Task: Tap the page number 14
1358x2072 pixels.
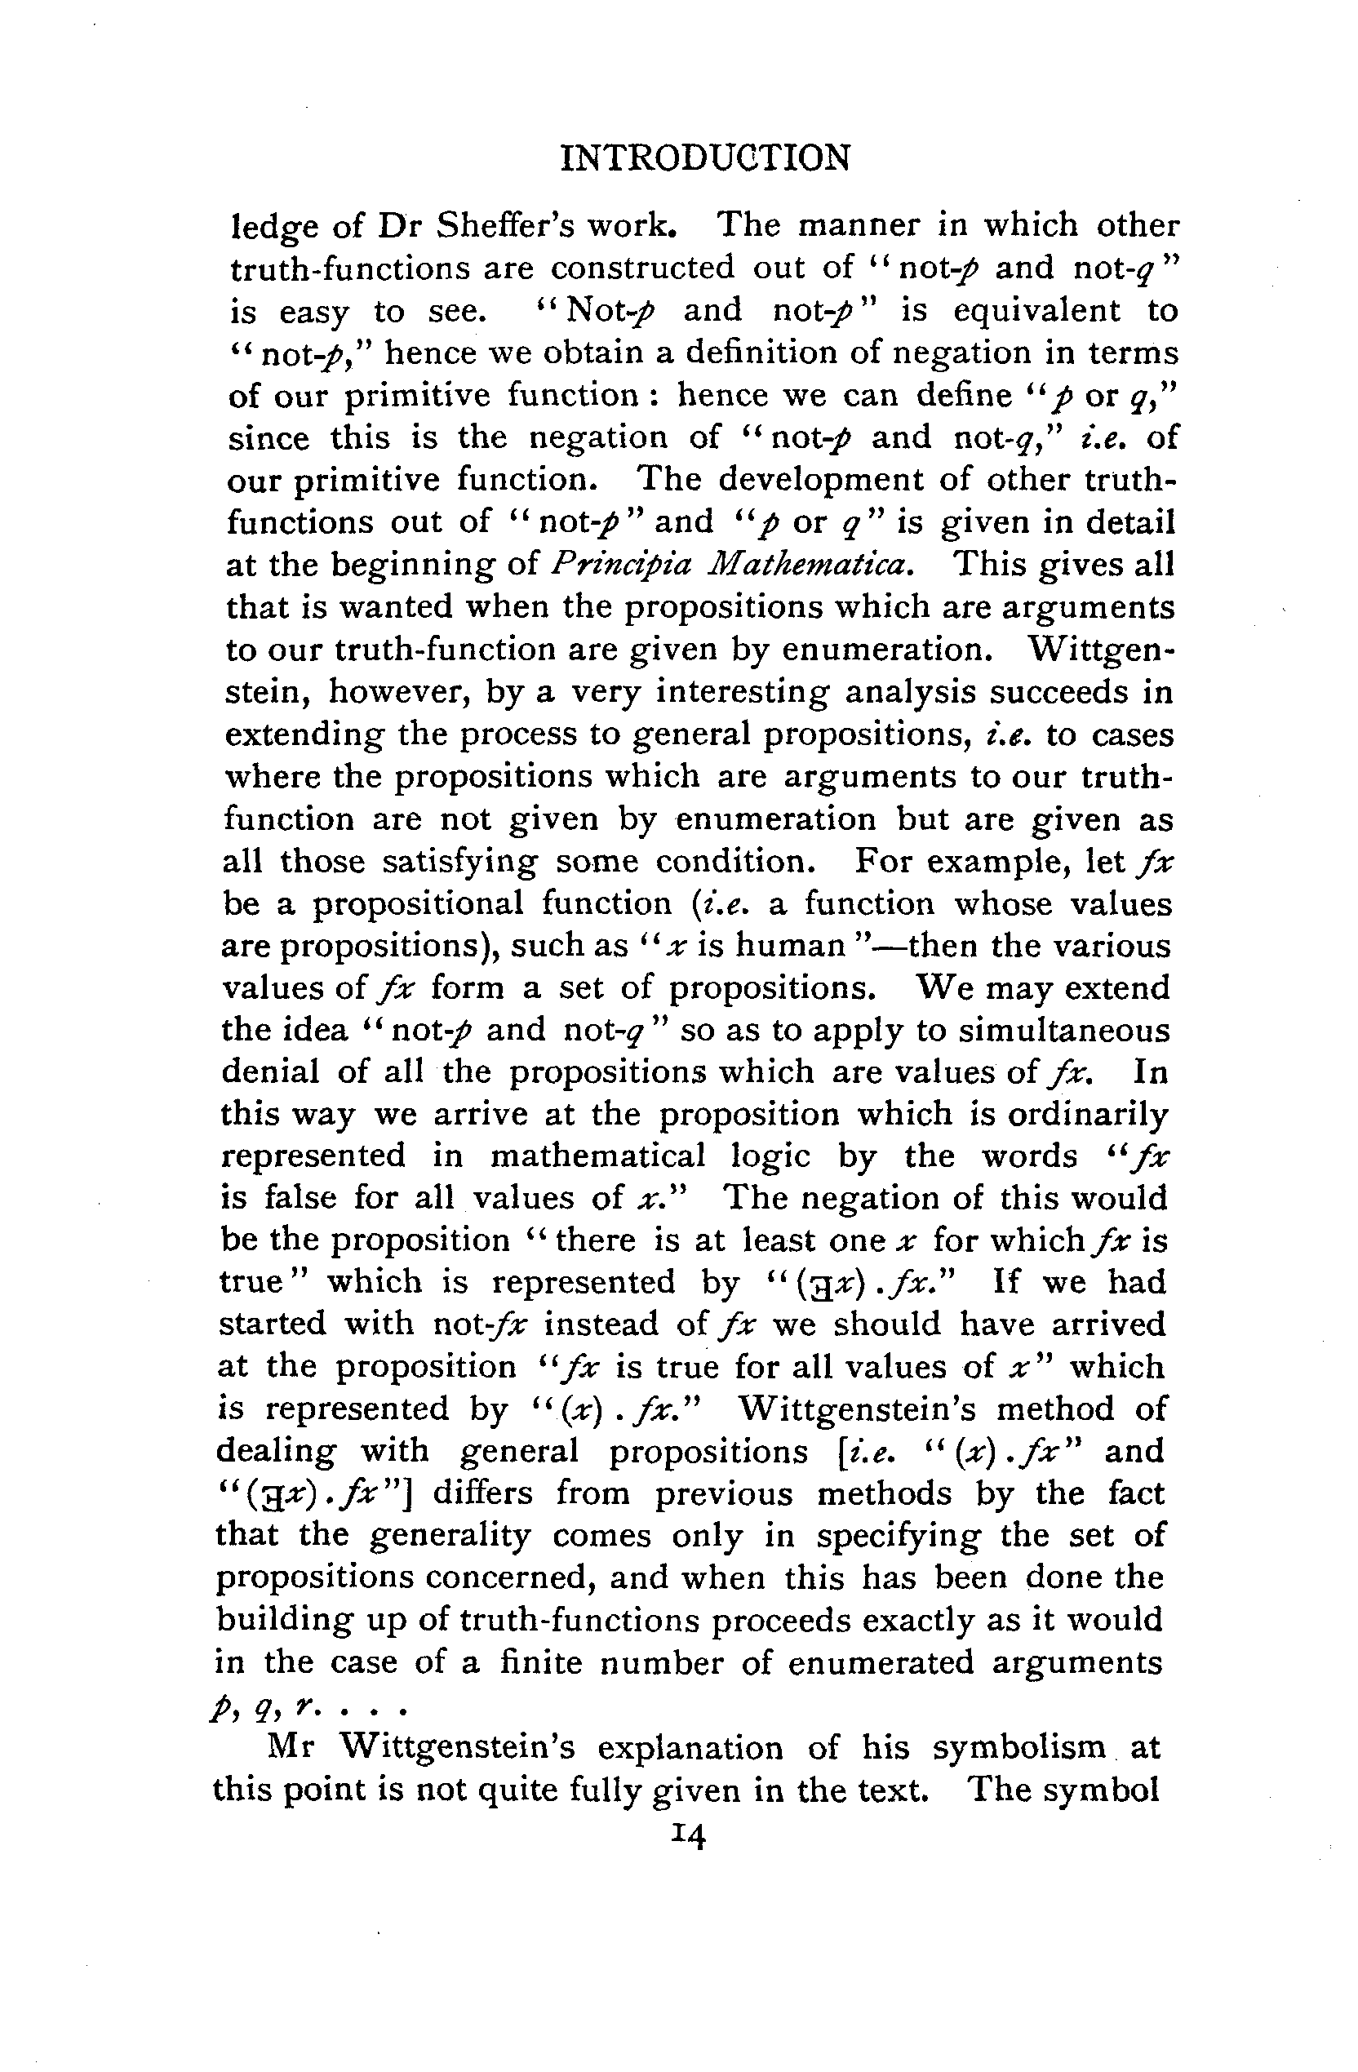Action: click(688, 1836)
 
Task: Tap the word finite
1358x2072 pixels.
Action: click(540, 1663)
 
